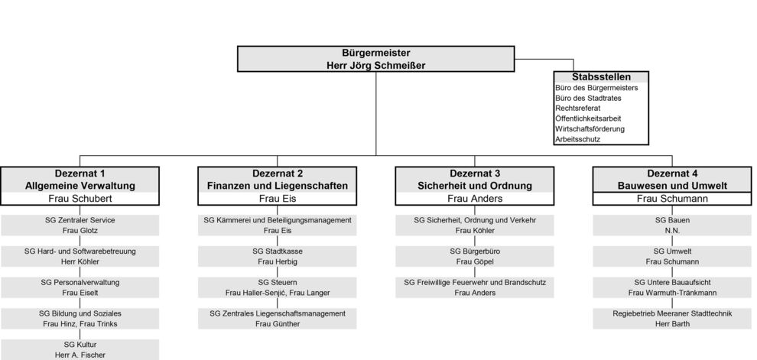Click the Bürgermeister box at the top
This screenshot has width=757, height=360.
tap(375, 59)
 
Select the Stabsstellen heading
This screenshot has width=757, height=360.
tap(601, 77)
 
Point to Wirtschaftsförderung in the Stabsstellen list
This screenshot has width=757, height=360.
tap(590, 129)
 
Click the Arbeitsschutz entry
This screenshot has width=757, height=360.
tap(577, 139)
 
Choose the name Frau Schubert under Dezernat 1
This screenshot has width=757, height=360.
tap(80, 198)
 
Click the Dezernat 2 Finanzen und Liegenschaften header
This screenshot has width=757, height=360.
tap(277, 180)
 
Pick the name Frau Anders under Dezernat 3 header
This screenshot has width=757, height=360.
tap(475, 198)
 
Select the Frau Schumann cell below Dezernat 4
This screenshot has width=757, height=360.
tap(672, 198)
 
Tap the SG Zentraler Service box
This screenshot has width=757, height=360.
tap(80, 225)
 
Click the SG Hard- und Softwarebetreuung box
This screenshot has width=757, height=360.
tap(80, 256)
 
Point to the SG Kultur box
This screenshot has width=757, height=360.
tap(80, 349)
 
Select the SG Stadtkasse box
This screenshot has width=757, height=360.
tap(277, 256)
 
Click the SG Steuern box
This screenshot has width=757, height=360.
tap(277, 287)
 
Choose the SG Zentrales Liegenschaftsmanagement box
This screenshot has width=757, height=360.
tap(277, 319)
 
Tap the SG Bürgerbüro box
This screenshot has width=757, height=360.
tap(475, 256)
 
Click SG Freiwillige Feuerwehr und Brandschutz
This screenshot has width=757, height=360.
tap(475, 287)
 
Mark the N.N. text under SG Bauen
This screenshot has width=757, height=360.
tap(672, 231)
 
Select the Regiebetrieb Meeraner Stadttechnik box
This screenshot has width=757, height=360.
tap(672, 319)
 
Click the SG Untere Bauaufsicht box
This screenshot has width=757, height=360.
tap(672, 287)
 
